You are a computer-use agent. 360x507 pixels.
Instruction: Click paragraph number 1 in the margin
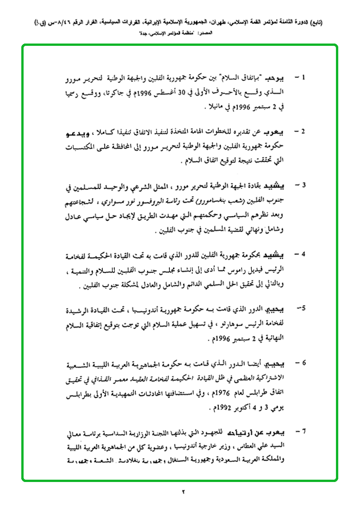coord(304,77)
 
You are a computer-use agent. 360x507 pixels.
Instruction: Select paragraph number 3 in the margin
coord(304,185)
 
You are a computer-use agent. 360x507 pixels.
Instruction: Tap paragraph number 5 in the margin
coord(301,308)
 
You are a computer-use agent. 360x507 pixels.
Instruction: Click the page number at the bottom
coord(183,491)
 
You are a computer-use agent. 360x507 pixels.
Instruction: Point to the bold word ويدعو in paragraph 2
coord(75,132)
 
